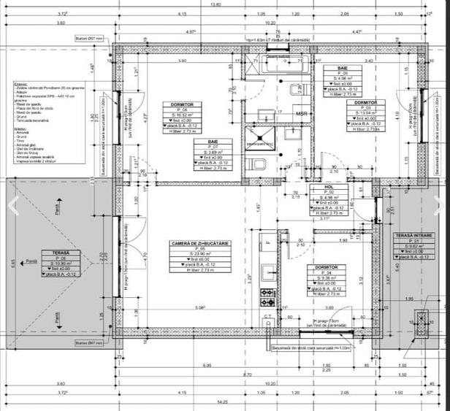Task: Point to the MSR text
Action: pyautogui.click(x=301, y=115)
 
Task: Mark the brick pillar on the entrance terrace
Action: pyautogui.click(x=420, y=318)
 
